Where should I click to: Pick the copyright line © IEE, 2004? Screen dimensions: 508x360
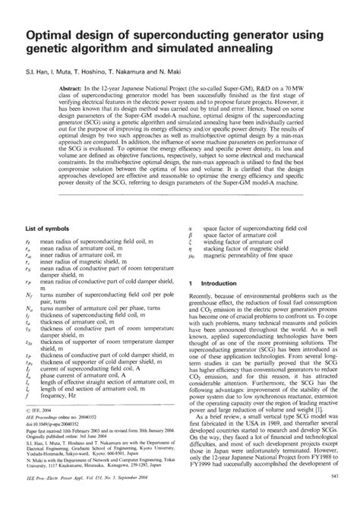pyautogui.click(x=41, y=431)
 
